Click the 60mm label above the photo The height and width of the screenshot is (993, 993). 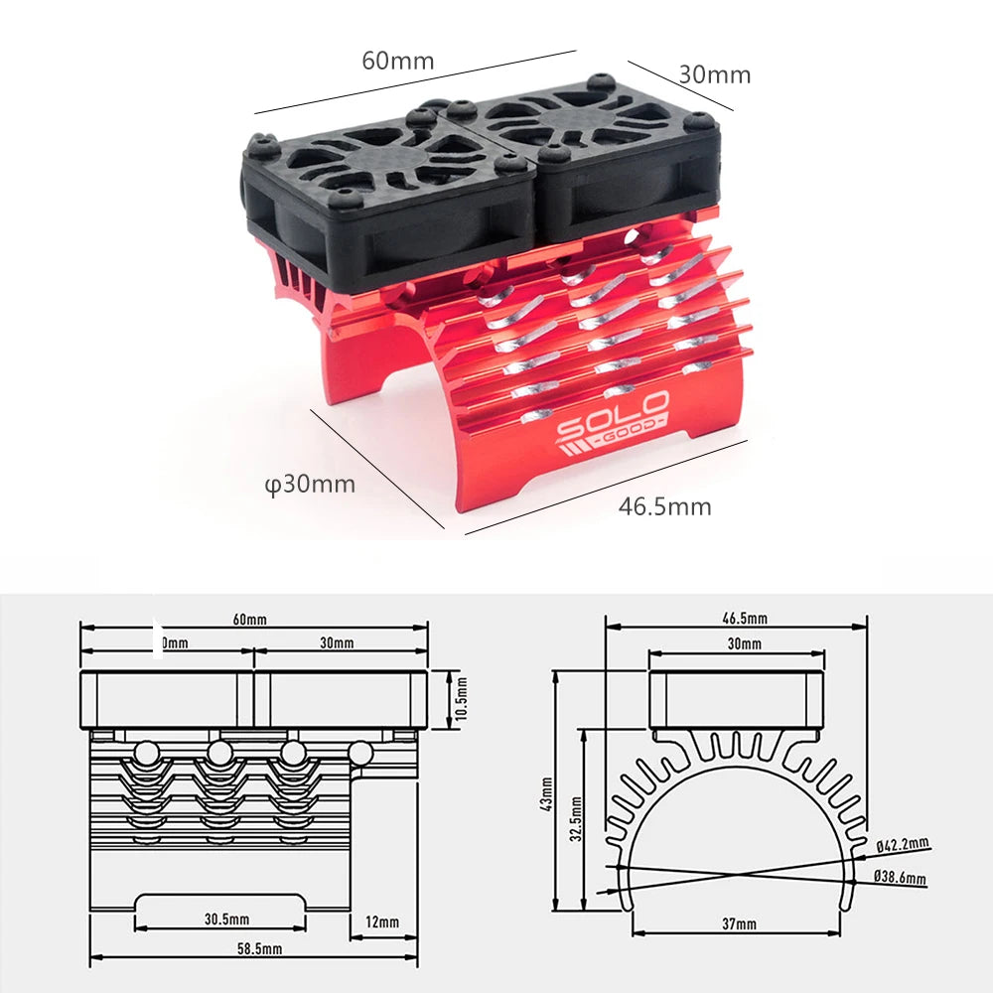[x=397, y=61]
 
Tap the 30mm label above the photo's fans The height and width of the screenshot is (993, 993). [x=715, y=74]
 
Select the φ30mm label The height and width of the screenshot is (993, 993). [x=310, y=485]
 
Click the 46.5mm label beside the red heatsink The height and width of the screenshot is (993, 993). [x=664, y=506]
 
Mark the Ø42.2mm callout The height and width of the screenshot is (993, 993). [x=902, y=845]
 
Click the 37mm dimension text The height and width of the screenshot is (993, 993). [x=738, y=923]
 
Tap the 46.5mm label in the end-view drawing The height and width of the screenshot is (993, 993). [x=745, y=618]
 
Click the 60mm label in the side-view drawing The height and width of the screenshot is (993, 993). [x=249, y=620]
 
